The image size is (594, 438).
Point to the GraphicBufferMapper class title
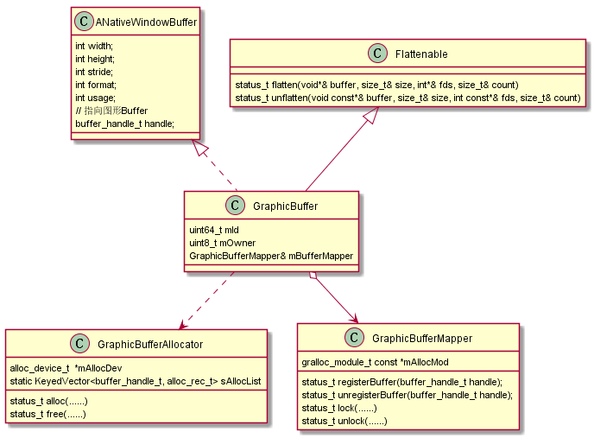point(421,338)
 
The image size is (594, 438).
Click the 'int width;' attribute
point(95,46)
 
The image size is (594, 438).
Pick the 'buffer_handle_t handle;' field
point(124,124)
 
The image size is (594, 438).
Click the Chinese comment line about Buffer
point(111,111)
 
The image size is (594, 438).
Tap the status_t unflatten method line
point(407,98)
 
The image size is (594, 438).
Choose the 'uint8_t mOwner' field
point(222,243)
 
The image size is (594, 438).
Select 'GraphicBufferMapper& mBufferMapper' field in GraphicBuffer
point(271,256)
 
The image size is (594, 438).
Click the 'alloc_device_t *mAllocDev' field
point(66,368)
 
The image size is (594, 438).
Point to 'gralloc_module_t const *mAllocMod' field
point(375,361)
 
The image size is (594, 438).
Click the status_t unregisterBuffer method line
point(407,395)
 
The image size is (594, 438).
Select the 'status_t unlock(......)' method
point(344,421)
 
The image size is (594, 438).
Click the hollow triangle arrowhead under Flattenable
point(370,118)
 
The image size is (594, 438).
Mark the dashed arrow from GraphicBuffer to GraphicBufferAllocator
point(207,300)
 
